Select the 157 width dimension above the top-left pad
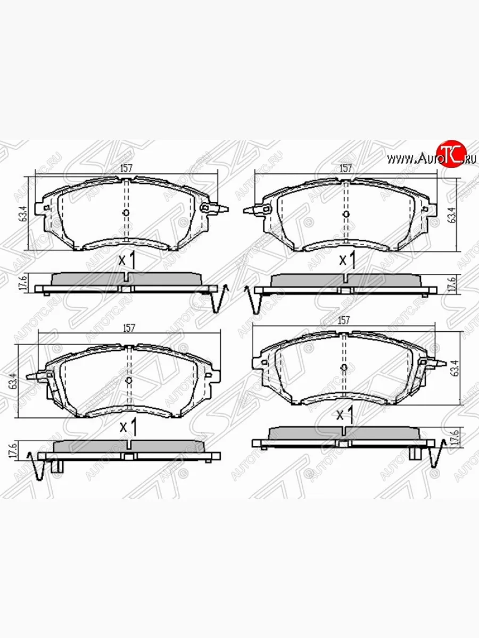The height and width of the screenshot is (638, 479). tap(126, 168)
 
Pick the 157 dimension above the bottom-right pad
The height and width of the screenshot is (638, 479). tap(344, 320)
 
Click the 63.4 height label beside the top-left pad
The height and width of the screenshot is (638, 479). tap(22, 213)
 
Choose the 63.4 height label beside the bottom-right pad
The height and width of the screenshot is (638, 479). tap(453, 367)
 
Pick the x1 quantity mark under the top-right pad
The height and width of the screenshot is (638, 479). tap(347, 261)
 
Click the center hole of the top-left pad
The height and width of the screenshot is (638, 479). tap(126, 213)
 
